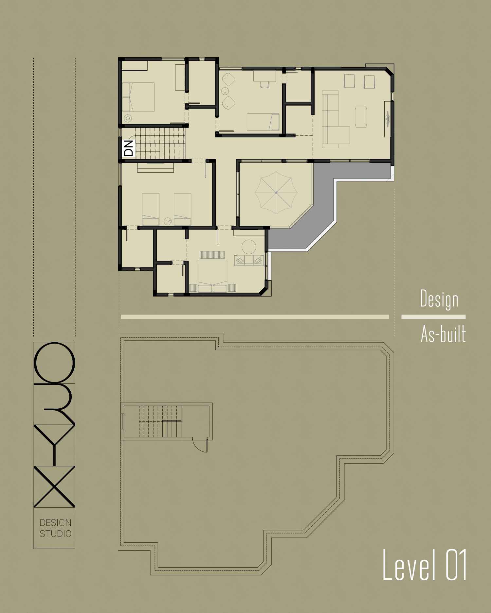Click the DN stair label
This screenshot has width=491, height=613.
129,148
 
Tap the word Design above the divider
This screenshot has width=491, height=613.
439,299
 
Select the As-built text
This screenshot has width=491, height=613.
443,334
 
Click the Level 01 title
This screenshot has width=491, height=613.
425,565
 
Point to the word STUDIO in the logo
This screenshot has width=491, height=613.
55,534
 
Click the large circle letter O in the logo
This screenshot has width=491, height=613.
54,363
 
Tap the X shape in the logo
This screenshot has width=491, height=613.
54,487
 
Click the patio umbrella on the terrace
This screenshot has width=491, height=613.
276,193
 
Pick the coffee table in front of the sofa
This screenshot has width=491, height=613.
361,116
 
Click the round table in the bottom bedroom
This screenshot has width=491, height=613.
249,247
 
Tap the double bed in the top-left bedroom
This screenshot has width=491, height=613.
138,97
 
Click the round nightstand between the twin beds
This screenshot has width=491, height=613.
168,221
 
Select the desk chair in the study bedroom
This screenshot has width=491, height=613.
264,84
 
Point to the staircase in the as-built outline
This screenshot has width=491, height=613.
160,421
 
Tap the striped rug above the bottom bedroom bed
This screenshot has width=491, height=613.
212,255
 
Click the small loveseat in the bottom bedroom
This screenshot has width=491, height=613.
249,260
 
